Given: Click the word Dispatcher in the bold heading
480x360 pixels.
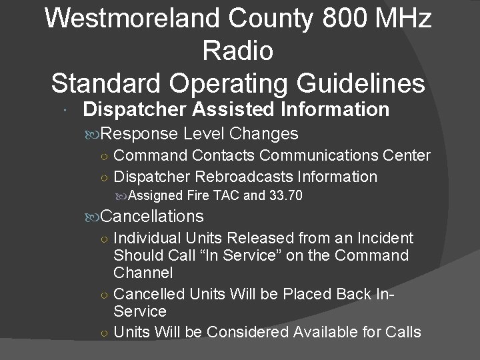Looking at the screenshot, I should [x=137, y=109].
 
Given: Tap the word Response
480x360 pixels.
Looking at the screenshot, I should [x=141, y=133].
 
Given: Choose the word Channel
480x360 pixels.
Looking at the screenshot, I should [x=143, y=273].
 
